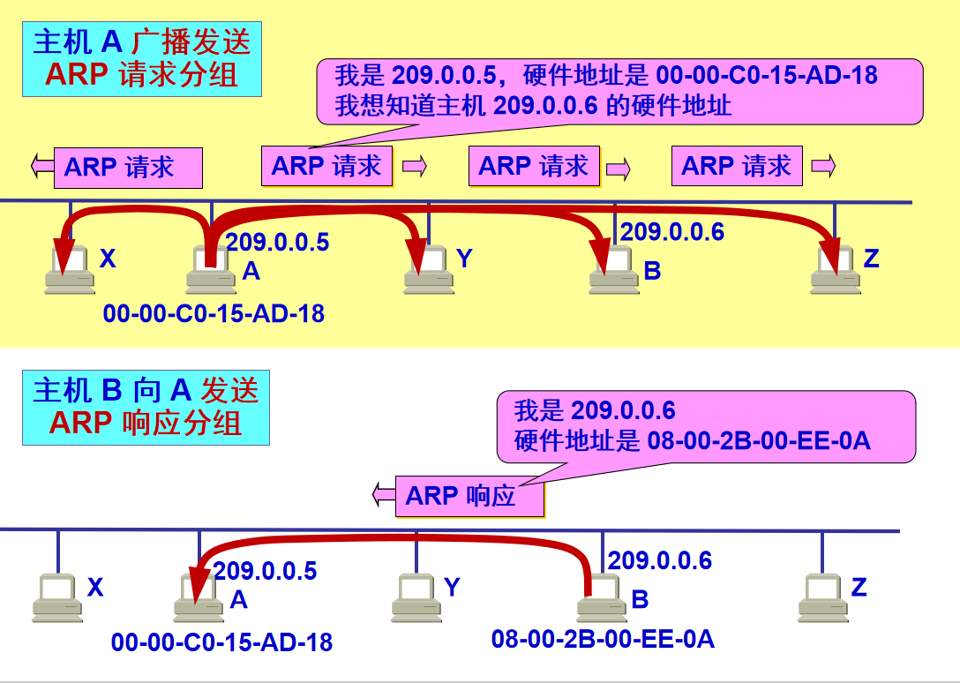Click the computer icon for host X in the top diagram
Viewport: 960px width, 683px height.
pyautogui.click(x=71, y=270)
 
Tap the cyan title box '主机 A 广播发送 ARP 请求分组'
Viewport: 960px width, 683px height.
pyautogui.click(x=142, y=60)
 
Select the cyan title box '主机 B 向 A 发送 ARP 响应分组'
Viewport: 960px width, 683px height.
pyautogui.click(x=146, y=408)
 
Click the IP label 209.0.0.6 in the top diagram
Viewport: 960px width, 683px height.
pyautogui.click(x=671, y=232)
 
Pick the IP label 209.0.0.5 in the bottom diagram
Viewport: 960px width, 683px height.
pyautogui.click(x=265, y=571)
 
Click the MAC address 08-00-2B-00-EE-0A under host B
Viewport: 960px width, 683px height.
pyautogui.click(x=603, y=640)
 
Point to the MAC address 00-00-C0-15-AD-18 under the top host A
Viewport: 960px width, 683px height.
pyautogui.click(x=214, y=312)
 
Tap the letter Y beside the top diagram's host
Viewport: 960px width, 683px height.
pyautogui.click(x=465, y=259)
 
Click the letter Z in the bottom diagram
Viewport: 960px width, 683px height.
pyautogui.click(x=859, y=587)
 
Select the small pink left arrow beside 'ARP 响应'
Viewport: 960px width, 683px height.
pyautogui.click(x=383, y=495)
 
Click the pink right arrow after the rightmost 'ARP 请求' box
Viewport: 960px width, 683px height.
pyautogui.click(x=822, y=165)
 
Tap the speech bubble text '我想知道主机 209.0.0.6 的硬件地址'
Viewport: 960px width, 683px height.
pyautogui.click(x=533, y=107)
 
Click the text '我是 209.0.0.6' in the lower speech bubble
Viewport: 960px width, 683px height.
pyautogui.click(x=595, y=410)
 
